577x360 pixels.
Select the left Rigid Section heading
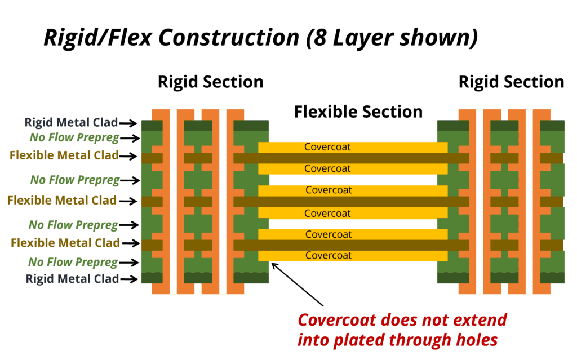[210, 82]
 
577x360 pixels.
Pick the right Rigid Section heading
[511, 82]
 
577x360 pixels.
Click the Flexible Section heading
[358, 112]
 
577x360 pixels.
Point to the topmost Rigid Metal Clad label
[71, 122]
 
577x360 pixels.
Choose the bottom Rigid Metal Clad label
[72, 278]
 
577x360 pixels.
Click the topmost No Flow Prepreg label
[74, 137]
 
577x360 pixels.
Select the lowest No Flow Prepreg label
[73, 262]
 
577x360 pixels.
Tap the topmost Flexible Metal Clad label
[64, 155]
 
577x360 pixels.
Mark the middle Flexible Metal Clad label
[62, 200]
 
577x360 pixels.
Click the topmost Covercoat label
[327, 147]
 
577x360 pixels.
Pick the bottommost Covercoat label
[328, 255]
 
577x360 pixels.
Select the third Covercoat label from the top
[329, 190]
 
